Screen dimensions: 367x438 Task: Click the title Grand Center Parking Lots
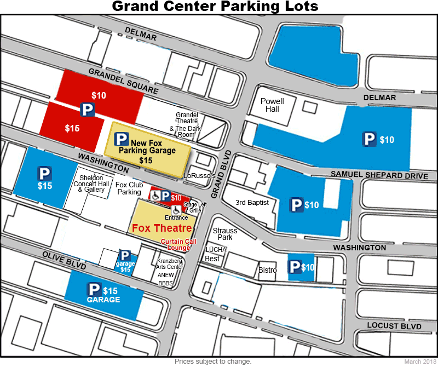click(x=215, y=7)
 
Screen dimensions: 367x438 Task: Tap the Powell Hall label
click(x=272, y=105)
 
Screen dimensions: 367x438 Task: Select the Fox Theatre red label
click(x=160, y=228)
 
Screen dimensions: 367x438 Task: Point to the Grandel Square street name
click(x=123, y=81)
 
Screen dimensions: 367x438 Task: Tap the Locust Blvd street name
click(x=394, y=326)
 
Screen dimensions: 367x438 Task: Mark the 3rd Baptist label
click(x=252, y=203)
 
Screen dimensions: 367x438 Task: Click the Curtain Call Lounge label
click(x=175, y=244)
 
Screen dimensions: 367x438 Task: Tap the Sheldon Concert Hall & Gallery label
click(x=91, y=184)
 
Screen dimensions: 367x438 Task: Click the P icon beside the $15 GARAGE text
click(x=95, y=290)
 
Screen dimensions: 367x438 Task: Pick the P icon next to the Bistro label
click(x=295, y=267)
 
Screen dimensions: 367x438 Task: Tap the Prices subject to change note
click(x=213, y=362)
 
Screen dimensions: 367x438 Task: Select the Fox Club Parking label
click(x=129, y=188)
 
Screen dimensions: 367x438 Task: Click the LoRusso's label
click(x=199, y=176)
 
